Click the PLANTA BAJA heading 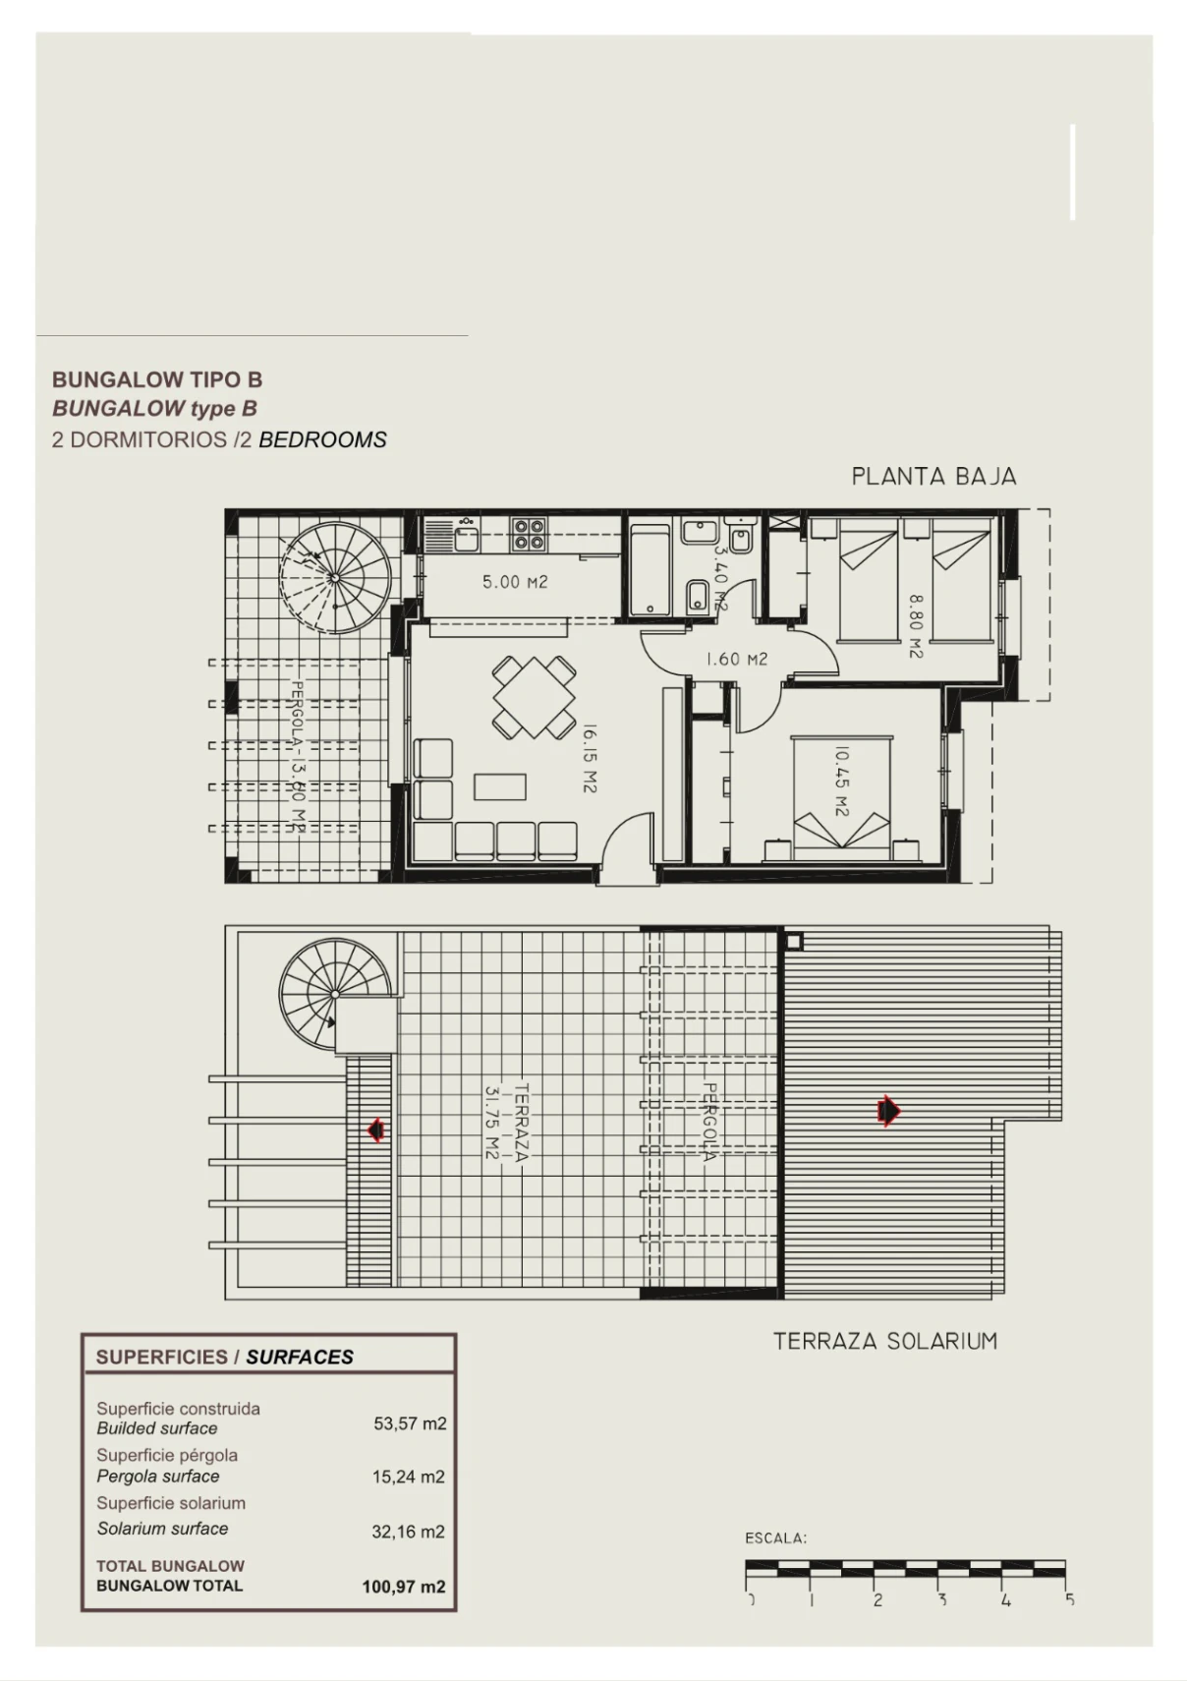pyautogui.click(x=933, y=477)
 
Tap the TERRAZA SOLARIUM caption pyautogui.click(x=885, y=1341)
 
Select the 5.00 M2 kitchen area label pyautogui.click(x=515, y=582)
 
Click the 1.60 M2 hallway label pyautogui.click(x=736, y=659)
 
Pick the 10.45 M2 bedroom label pyautogui.click(x=841, y=782)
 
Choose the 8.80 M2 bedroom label pyautogui.click(x=916, y=626)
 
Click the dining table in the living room pyautogui.click(x=534, y=697)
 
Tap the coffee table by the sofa pyautogui.click(x=500, y=786)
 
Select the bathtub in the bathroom pyautogui.click(x=650, y=570)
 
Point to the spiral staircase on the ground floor pyautogui.click(x=335, y=578)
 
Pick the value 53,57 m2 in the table pyautogui.click(x=410, y=1423)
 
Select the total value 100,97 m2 pyautogui.click(x=404, y=1587)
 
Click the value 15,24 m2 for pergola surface pyautogui.click(x=409, y=1477)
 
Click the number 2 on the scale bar pyautogui.click(x=877, y=1599)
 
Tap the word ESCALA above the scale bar pyautogui.click(x=776, y=1538)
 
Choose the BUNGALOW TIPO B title pyautogui.click(x=157, y=379)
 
